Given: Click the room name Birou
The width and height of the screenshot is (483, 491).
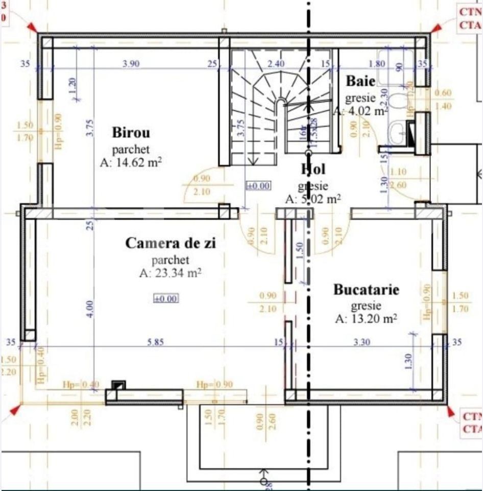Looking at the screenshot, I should click(131, 133).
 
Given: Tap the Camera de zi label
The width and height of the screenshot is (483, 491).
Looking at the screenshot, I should click(171, 244).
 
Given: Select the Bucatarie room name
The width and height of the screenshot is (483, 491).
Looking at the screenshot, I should click(366, 290).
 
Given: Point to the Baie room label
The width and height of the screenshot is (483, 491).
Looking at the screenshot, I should click(360, 81).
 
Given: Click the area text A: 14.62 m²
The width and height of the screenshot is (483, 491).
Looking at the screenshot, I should click(131, 163).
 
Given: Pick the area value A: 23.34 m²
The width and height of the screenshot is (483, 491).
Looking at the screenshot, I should click(171, 273).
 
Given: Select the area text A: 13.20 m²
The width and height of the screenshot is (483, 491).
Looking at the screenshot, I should click(366, 319).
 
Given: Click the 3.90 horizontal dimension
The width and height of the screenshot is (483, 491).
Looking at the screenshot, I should click(131, 64).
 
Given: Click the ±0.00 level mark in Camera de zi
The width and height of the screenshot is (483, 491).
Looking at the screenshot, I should click(166, 298).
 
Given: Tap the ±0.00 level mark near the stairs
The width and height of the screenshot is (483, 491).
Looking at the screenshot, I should click(258, 186).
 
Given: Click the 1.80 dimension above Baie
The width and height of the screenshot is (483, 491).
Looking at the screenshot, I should click(376, 64).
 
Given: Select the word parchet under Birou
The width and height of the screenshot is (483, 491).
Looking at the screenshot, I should click(131, 150).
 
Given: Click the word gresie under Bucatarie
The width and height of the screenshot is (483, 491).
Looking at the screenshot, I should click(366, 306).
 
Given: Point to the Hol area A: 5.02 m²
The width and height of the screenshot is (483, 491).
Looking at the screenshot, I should click(313, 199).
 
